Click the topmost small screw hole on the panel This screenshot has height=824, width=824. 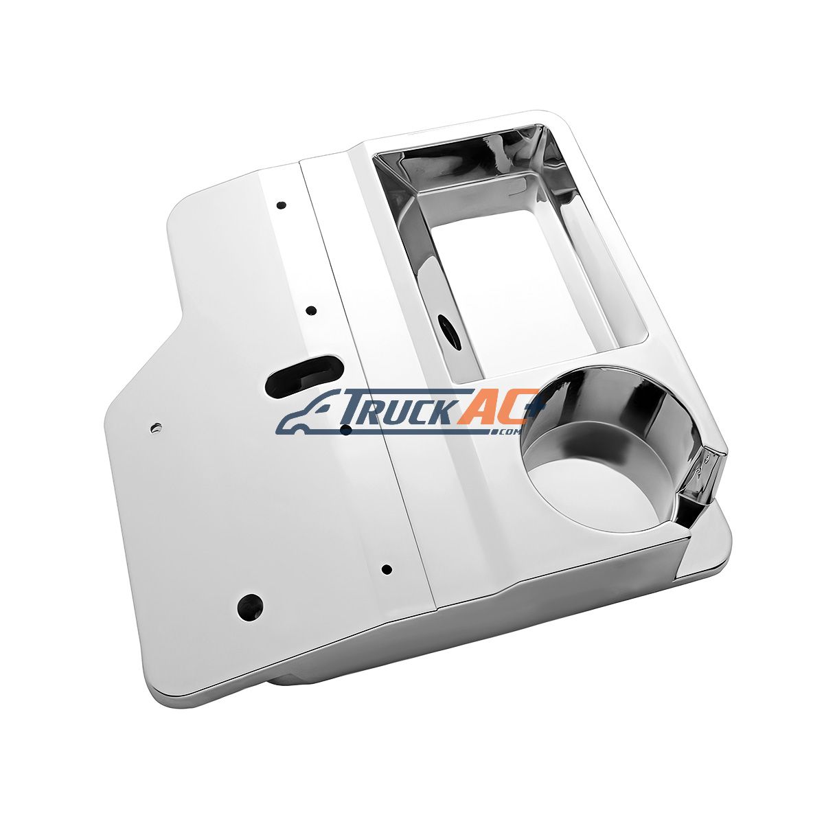[281, 205]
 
